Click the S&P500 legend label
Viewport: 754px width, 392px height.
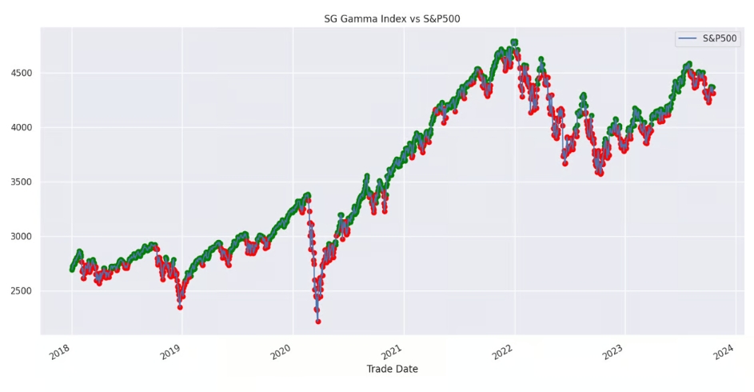pyautogui.click(x=720, y=38)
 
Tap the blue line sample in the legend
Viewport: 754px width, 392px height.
pyautogui.click(x=688, y=38)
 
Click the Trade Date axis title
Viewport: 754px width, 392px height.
pyautogui.click(x=392, y=369)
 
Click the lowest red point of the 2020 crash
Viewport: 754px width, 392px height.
pyautogui.click(x=318, y=321)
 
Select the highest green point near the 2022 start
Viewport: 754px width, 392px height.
pyautogui.click(x=514, y=42)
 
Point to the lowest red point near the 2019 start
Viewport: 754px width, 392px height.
pyautogui.click(x=180, y=306)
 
